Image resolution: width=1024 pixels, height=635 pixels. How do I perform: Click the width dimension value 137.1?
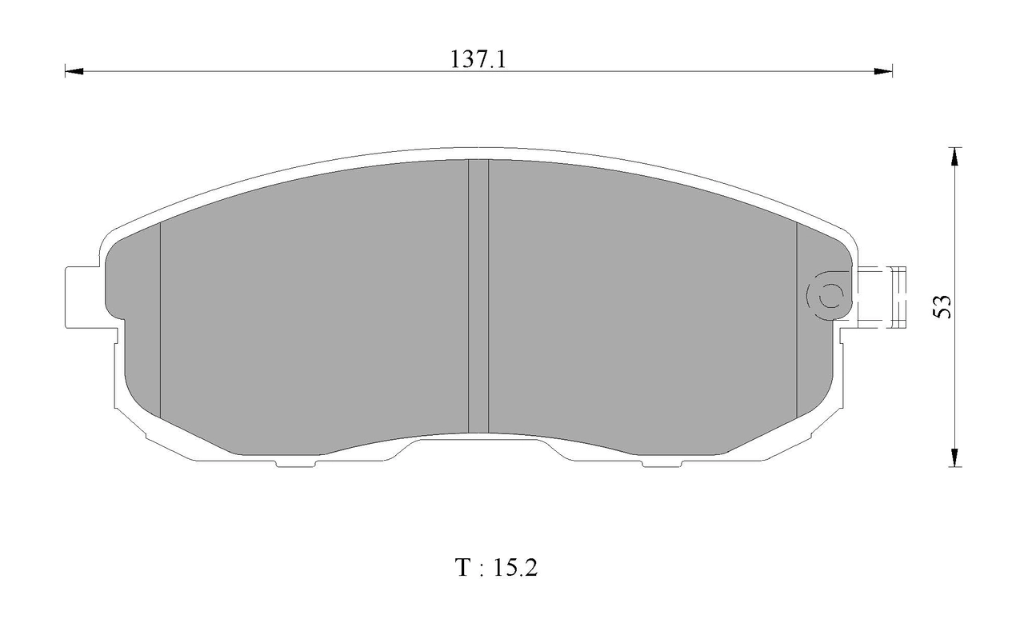coord(478,59)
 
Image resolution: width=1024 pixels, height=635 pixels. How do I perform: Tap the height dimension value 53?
coord(944,307)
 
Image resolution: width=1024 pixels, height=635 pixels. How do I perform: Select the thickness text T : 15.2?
coord(496,569)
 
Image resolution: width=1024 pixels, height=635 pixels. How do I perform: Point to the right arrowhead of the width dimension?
coord(883,71)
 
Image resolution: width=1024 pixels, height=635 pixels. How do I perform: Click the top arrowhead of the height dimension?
coord(953,157)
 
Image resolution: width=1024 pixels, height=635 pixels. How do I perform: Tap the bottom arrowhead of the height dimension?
coord(953,457)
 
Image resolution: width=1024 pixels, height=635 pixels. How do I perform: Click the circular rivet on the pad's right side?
coord(827,296)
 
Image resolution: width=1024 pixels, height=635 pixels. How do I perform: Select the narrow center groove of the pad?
coord(478,296)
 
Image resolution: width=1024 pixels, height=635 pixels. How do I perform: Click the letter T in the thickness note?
coord(463,569)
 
